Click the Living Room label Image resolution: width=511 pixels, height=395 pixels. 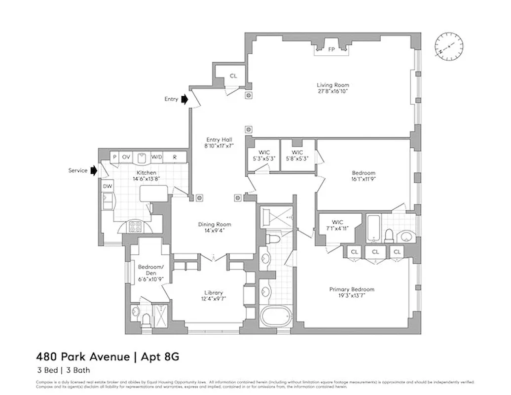pyautogui.click(x=333, y=85)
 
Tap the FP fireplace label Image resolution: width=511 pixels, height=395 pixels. pyautogui.click(x=332, y=49)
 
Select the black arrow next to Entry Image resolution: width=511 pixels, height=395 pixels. pyautogui.click(x=184, y=99)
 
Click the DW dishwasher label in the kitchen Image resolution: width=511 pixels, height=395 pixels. pyautogui.click(x=107, y=186)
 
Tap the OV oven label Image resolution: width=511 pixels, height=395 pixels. pyautogui.click(x=126, y=157)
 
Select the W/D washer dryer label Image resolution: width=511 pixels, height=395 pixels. pyautogui.click(x=157, y=157)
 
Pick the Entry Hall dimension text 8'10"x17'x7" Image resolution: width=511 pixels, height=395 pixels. pyautogui.click(x=219, y=146)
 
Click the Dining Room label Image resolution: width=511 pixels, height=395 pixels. pyautogui.click(x=214, y=225)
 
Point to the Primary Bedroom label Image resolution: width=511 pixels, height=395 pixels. pyautogui.click(x=352, y=289)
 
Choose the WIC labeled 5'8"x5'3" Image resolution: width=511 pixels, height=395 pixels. pyautogui.click(x=297, y=155)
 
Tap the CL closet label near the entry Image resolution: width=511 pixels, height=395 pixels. pyautogui.click(x=233, y=76)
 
